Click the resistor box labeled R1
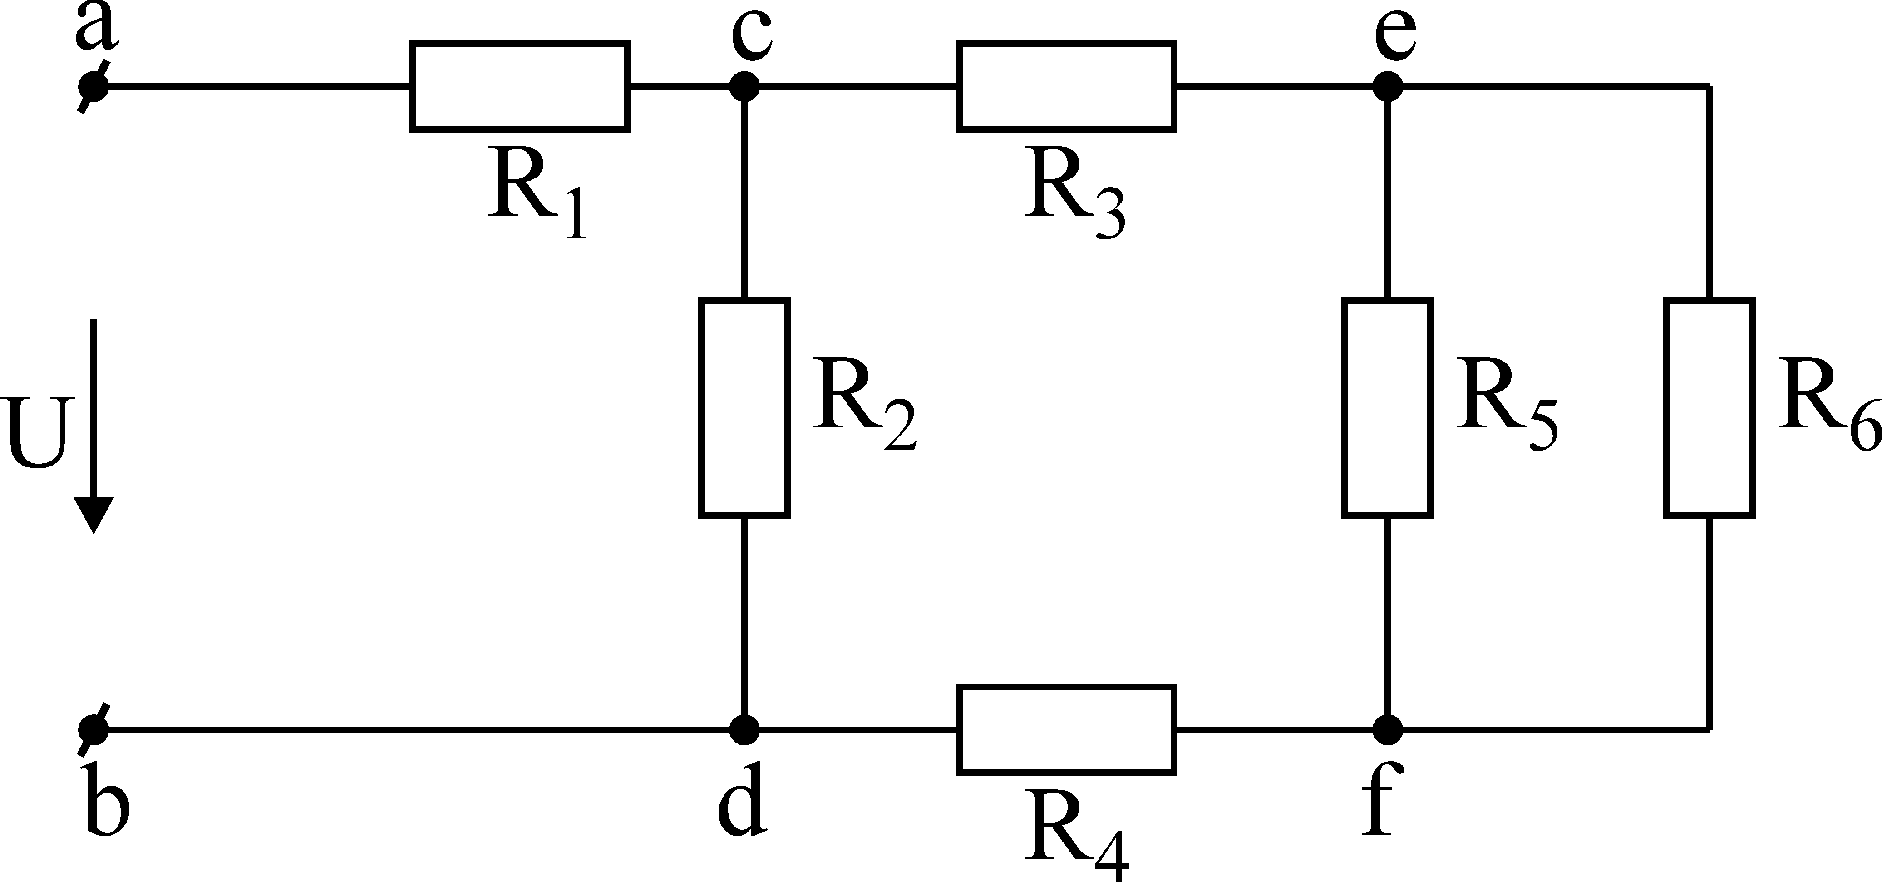click(519, 87)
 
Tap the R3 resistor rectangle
click(1067, 87)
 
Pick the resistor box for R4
click(1067, 728)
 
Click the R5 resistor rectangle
click(1387, 408)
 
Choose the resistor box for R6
click(1710, 408)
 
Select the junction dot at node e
click(1387, 87)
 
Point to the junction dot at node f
click(1387, 728)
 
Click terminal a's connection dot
click(94, 87)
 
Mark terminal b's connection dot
click(94, 728)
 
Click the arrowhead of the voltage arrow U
click(94, 515)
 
